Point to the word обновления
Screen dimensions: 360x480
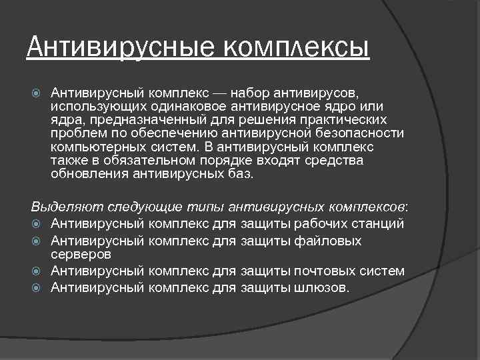[x=89, y=175]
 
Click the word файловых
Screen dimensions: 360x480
[x=329, y=240]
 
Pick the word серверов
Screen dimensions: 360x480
[x=81, y=254]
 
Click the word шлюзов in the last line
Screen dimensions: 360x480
[x=321, y=287]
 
